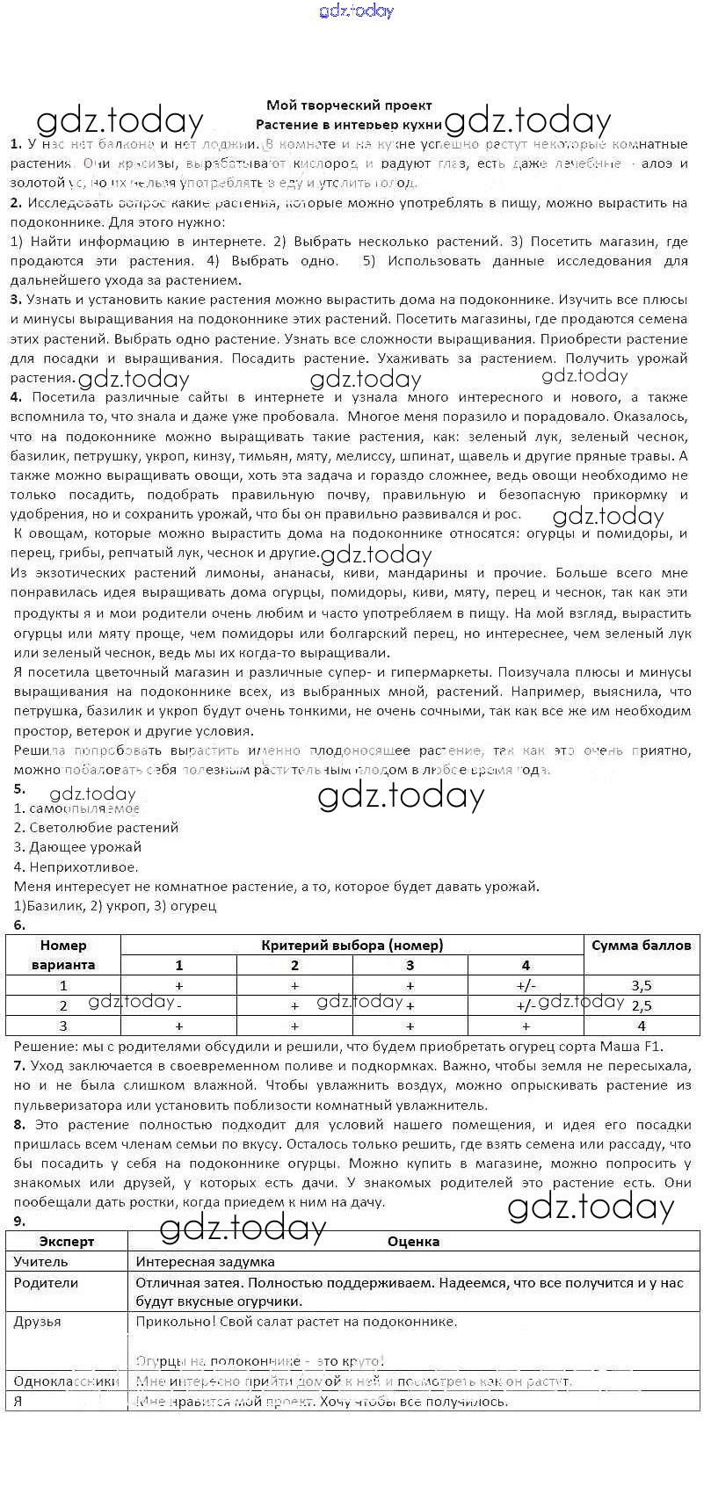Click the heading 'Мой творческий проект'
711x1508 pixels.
click(x=350, y=105)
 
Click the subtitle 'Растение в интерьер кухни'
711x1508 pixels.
click(x=350, y=125)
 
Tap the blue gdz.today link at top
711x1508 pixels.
click(x=356, y=11)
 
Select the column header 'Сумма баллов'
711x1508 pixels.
click(x=641, y=946)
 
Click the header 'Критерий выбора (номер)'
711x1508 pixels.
click(x=352, y=946)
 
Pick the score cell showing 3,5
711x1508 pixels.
click(x=641, y=986)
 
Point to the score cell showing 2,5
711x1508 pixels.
click(x=641, y=1006)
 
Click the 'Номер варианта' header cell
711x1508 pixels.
click(x=63, y=955)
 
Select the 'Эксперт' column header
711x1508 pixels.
click(x=67, y=1242)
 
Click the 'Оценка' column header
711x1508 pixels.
click(x=413, y=1242)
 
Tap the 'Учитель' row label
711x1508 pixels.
click(x=40, y=1262)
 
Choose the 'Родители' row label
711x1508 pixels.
click(x=46, y=1283)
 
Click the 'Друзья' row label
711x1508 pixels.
click(x=38, y=1322)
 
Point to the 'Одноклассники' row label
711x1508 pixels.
click(x=66, y=1381)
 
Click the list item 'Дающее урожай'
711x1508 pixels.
click(x=77, y=847)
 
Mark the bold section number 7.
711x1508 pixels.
click(x=18, y=1066)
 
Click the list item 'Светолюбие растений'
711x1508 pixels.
click(x=96, y=828)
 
